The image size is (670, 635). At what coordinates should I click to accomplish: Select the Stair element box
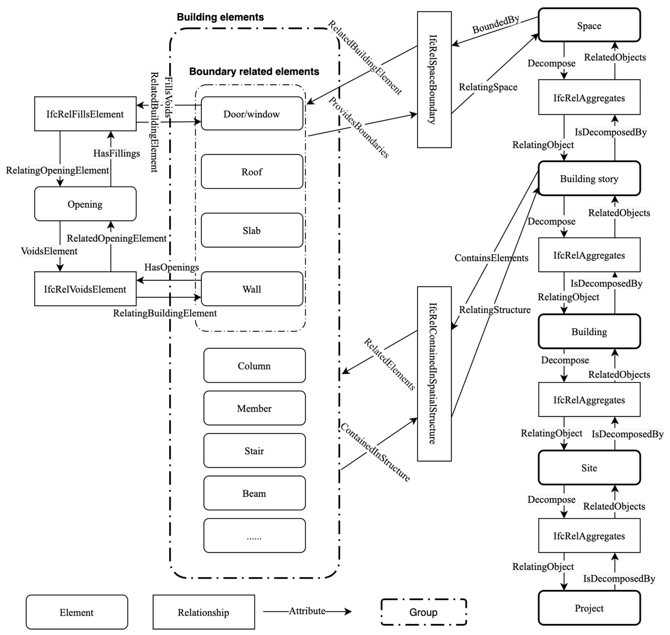pyautogui.click(x=254, y=451)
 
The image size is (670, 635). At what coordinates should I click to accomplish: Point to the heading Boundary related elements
pyautogui.click(x=254, y=71)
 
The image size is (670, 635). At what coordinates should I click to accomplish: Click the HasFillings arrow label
pyautogui.click(x=116, y=153)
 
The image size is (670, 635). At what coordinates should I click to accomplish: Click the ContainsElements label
pyautogui.click(x=491, y=258)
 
